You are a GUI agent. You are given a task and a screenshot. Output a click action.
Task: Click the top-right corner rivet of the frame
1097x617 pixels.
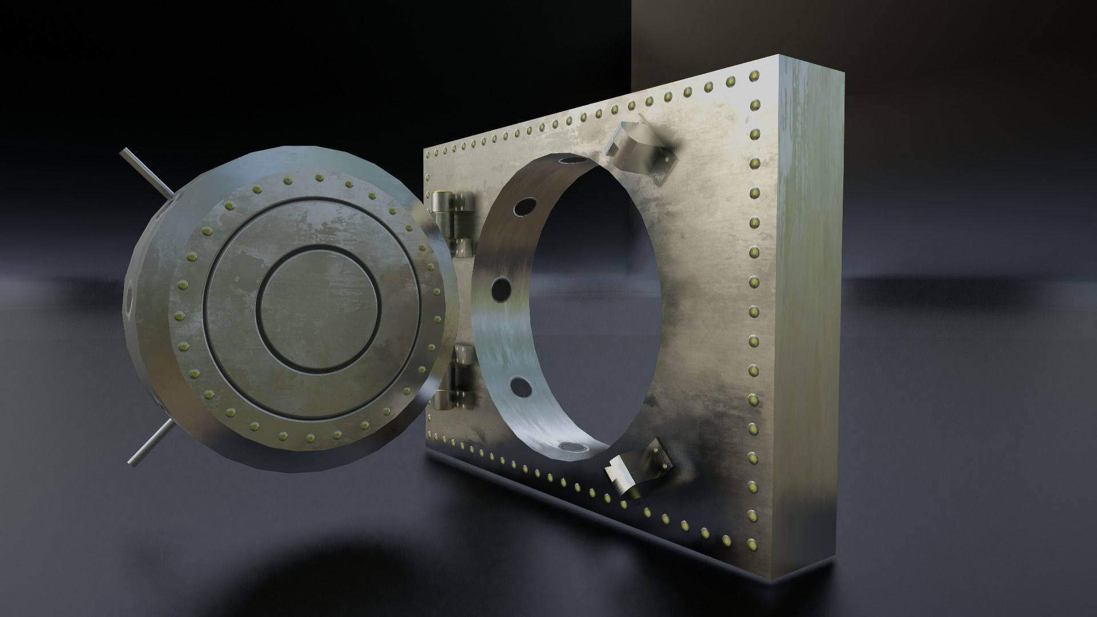coord(755,74)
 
